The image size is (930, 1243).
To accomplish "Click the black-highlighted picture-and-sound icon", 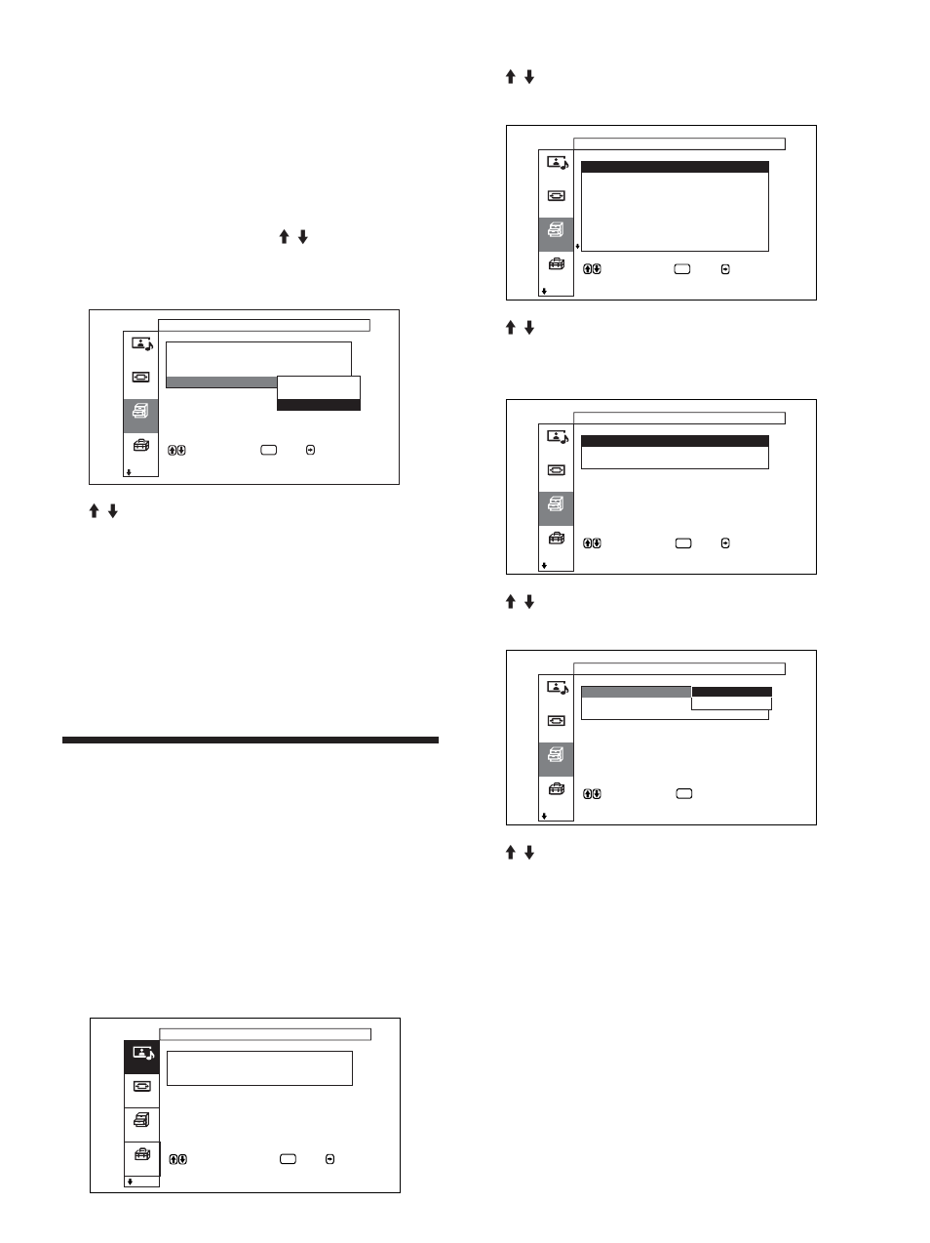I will pyautogui.click(x=142, y=1055).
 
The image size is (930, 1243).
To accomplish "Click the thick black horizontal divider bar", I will pyautogui.click(x=251, y=741).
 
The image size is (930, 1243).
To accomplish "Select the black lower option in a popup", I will pyautogui.click(x=319, y=405).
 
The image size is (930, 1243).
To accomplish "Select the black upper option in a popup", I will pyautogui.click(x=731, y=692).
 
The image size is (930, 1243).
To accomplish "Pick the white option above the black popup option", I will pyautogui.click(x=319, y=386).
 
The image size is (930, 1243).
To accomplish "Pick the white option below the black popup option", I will pyautogui.click(x=731, y=703).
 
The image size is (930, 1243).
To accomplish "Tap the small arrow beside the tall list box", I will pyautogui.click(x=577, y=247).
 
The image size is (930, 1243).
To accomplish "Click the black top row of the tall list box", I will pyautogui.click(x=675, y=168).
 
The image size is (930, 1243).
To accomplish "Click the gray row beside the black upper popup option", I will pyautogui.click(x=636, y=692).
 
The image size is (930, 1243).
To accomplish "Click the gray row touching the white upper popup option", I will pyautogui.click(x=221, y=381).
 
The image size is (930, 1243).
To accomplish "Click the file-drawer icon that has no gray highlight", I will pyautogui.click(x=142, y=1121).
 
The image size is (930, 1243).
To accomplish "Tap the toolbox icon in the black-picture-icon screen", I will pyautogui.click(x=142, y=1155).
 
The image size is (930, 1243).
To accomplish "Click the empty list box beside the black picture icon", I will pyautogui.click(x=259, y=1067).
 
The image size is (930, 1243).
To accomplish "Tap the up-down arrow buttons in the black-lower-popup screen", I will pyautogui.click(x=177, y=450).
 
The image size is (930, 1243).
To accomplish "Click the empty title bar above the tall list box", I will pyautogui.click(x=678, y=143).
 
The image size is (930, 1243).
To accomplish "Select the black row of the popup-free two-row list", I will pyautogui.click(x=675, y=441).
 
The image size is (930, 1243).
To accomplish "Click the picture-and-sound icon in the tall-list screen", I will pyautogui.click(x=557, y=163).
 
